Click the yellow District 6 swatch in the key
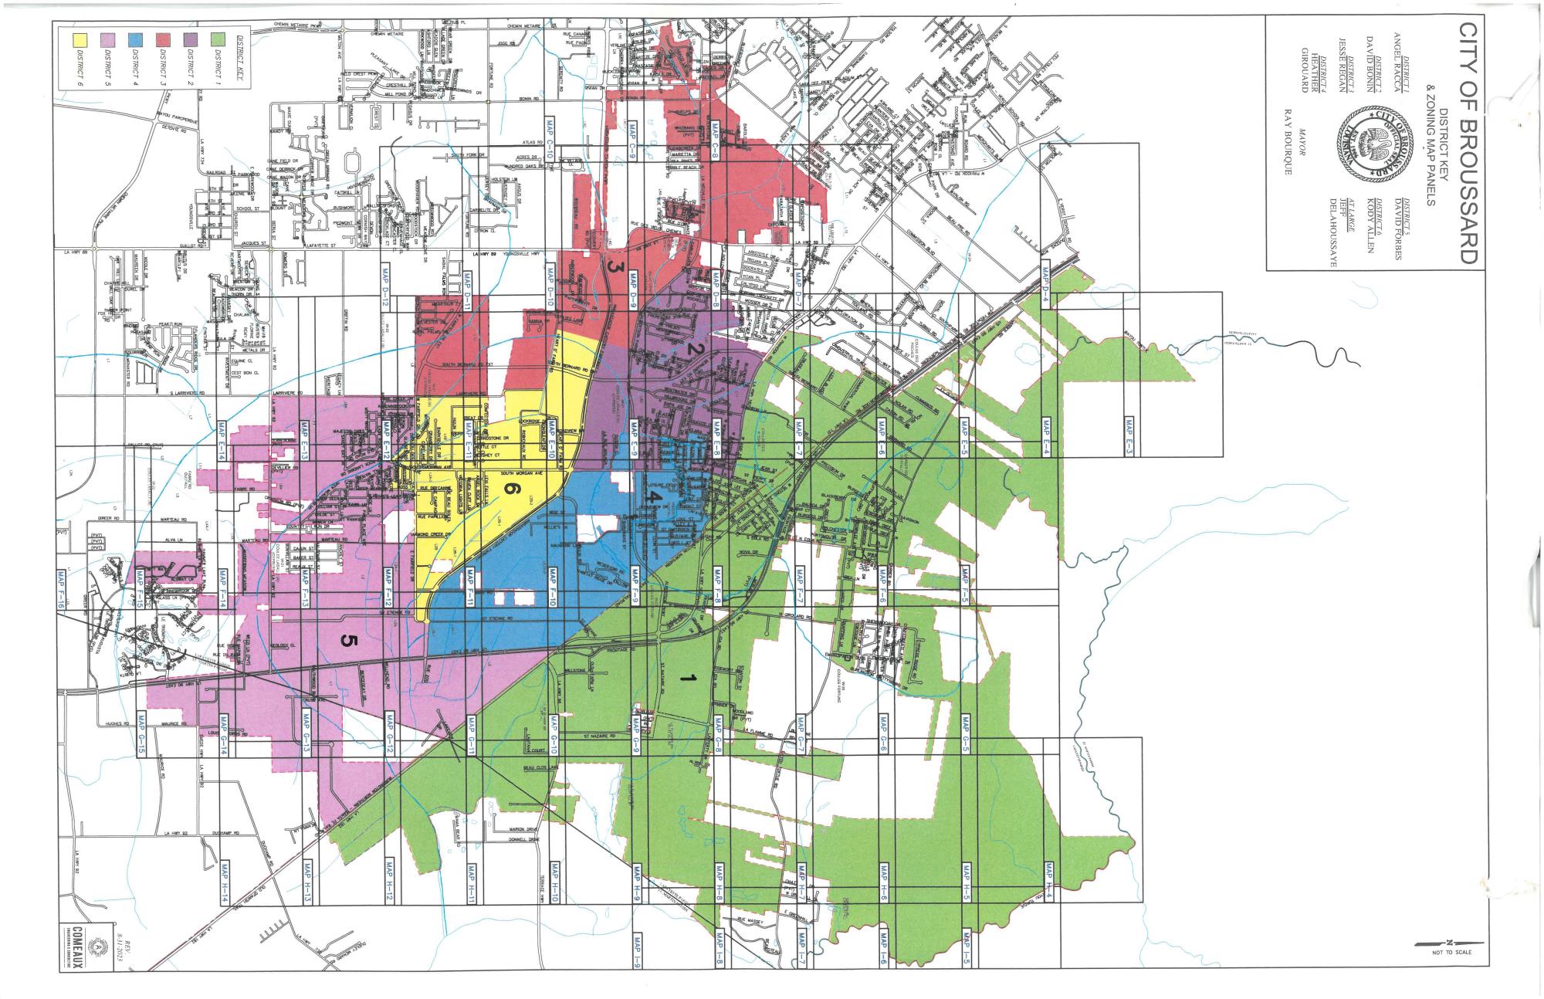point(80,39)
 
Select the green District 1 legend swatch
point(217,39)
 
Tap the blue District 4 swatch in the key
point(134,39)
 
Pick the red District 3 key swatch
point(162,39)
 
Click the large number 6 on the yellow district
point(509,488)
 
